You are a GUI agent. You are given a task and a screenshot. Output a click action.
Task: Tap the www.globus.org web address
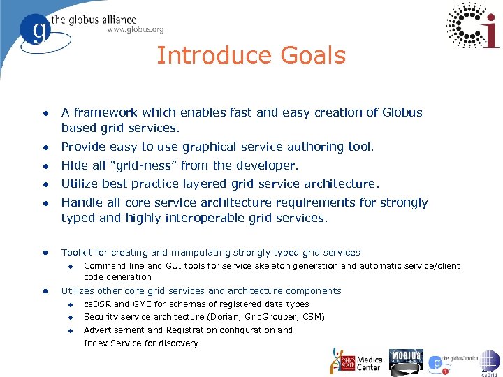[x=135, y=30]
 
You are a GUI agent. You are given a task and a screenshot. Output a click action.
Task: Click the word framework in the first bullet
[x=105, y=112]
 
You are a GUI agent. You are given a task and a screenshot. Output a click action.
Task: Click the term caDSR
[x=98, y=304]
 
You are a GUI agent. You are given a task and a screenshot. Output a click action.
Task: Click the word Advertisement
[x=115, y=330]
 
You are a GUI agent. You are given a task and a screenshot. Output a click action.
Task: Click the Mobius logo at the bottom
[x=406, y=359]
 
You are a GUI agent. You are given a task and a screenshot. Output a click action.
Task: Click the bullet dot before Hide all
[x=43, y=165]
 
